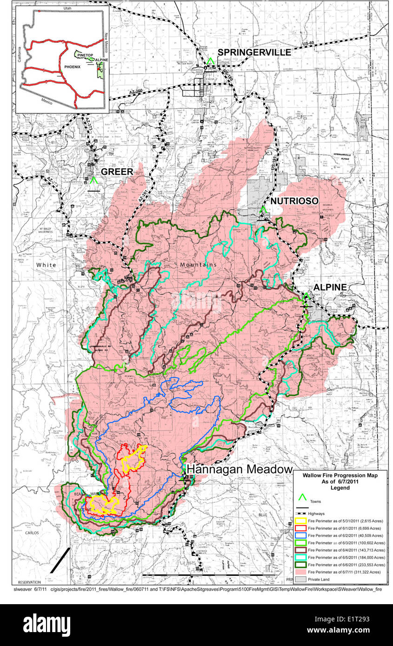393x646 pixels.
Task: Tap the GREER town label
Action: [x=118, y=171]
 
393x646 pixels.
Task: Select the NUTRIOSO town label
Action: [x=294, y=201]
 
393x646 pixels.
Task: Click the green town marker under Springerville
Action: [x=211, y=61]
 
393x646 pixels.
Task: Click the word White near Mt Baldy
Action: [x=46, y=265]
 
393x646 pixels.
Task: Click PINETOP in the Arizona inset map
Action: [x=86, y=55]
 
